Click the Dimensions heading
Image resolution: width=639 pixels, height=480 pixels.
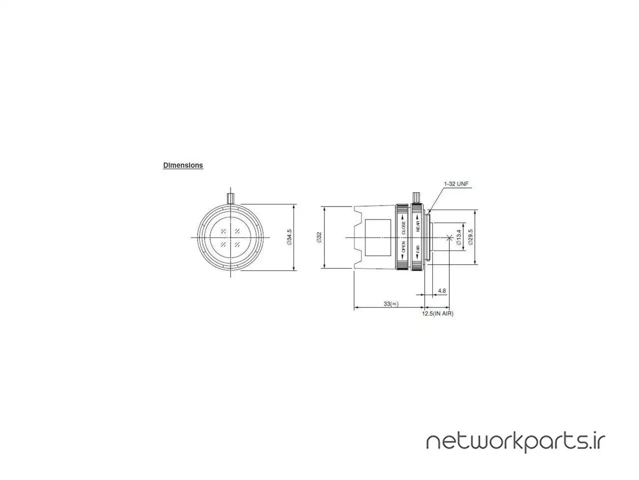tap(183, 165)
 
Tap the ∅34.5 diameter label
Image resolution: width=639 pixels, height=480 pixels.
tap(289, 237)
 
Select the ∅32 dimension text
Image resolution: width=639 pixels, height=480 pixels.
tap(319, 237)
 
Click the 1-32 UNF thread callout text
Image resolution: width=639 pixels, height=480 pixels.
tap(456, 184)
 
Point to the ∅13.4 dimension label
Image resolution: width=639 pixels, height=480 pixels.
tap(459, 237)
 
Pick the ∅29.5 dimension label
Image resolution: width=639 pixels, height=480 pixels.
tap(470, 237)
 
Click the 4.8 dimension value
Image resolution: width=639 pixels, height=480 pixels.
tap(442, 290)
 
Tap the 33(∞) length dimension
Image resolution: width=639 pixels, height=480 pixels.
tap(391, 303)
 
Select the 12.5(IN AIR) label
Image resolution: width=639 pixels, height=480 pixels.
tap(437, 313)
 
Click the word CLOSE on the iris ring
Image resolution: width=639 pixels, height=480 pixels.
tap(403, 227)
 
